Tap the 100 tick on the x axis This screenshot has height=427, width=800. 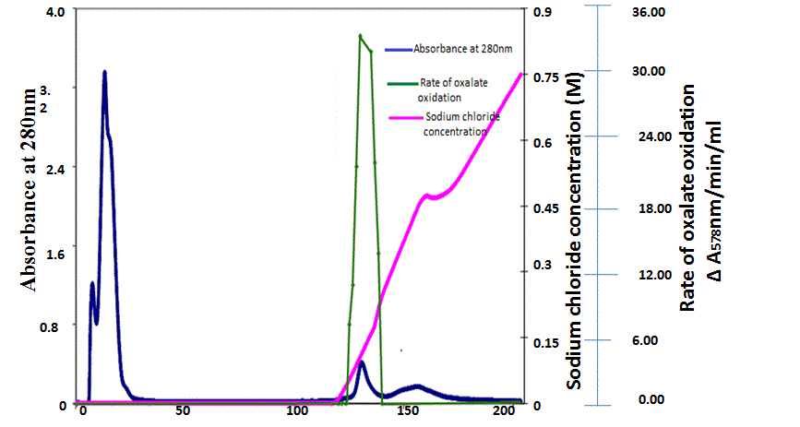click(297, 410)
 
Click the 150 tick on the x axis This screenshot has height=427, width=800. click(408, 410)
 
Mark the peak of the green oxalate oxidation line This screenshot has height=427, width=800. click(360, 35)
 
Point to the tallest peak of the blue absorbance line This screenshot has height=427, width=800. click(104, 71)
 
